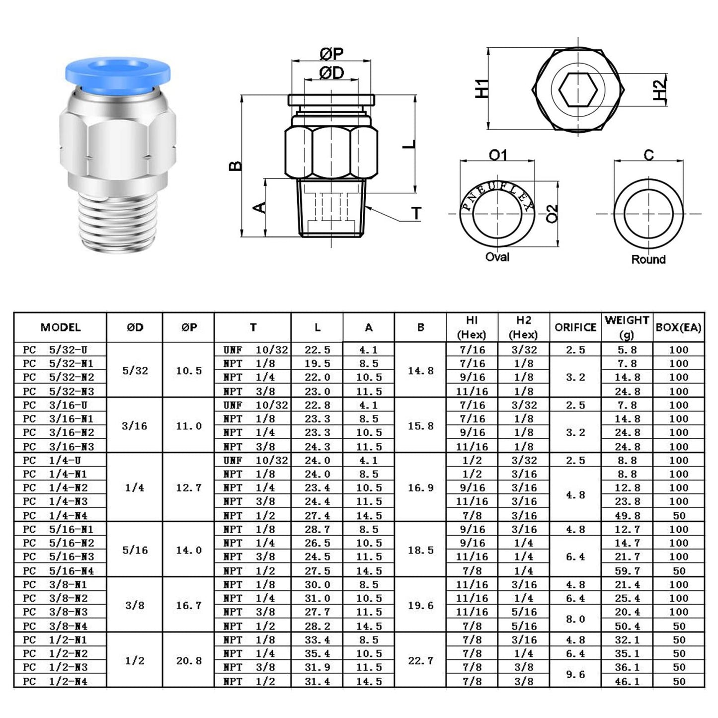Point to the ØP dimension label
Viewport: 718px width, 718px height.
[x=331, y=54]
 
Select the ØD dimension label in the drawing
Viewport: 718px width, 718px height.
[x=331, y=73]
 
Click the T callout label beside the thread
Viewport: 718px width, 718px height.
[x=416, y=214]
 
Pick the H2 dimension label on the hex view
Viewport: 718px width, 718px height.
[x=659, y=90]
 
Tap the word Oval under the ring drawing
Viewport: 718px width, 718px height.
[x=497, y=257]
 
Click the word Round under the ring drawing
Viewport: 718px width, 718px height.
[x=648, y=259]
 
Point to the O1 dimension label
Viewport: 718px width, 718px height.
[x=497, y=156]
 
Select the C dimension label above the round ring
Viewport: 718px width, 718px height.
[x=648, y=156]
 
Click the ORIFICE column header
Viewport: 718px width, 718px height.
[x=575, y=327]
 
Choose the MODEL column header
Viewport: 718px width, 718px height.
[x=61, y=327]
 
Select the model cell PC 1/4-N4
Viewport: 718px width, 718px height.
[x=58, y=516]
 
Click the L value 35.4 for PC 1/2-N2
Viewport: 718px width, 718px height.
[x=317, y=653]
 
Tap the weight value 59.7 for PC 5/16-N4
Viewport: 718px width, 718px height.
[x=627, y=571]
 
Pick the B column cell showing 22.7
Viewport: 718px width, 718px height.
[x=420, y=660]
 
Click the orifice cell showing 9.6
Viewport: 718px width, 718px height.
[x=575, y=674]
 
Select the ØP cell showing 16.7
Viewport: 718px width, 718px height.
[x=189, y=605]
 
